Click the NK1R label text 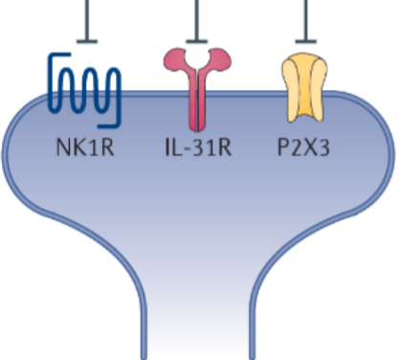85,147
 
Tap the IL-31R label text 198,147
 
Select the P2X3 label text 303,147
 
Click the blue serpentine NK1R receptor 84,90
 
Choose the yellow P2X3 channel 304,88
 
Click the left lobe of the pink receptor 175,59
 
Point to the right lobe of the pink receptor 220,59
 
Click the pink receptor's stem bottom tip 197,130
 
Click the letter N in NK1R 63,147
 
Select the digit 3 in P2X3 322,147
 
